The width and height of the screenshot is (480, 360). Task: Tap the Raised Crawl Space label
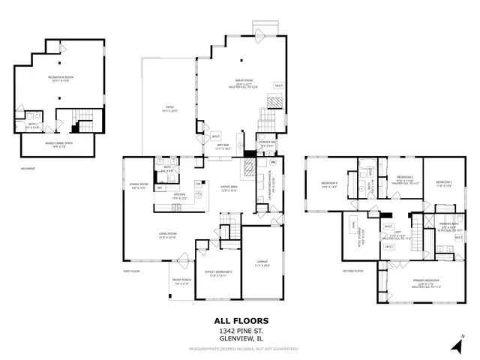(58, 145)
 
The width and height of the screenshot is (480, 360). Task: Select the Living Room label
(167, 236)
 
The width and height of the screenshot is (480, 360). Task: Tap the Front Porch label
(182, 283)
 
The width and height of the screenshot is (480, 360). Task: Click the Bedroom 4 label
(330, 184)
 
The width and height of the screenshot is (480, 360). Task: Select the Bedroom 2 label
(445, 183)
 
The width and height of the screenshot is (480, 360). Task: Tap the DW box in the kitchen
(198, 184)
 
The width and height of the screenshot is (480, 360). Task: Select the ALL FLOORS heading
(240, 320)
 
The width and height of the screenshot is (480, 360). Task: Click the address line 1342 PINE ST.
(240, 330)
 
